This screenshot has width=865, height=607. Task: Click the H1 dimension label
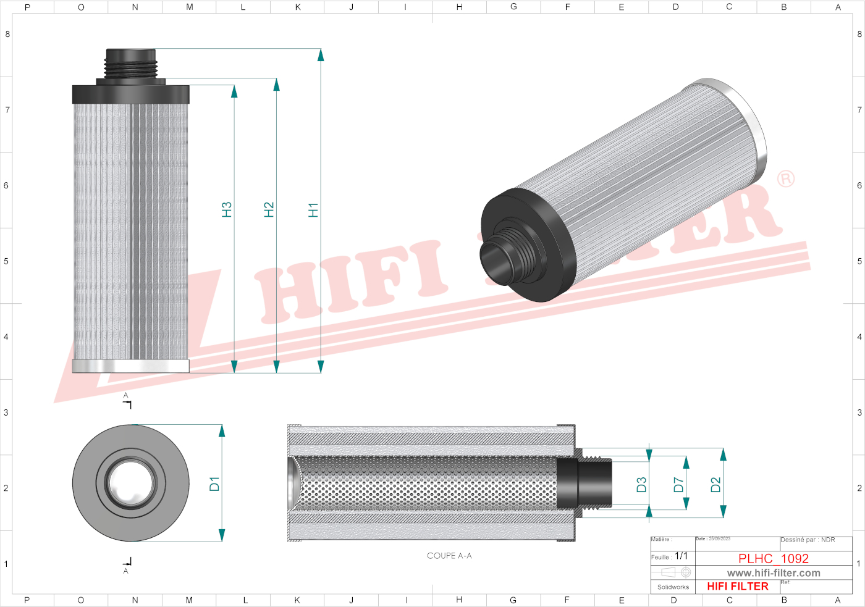click(x=313, y=210)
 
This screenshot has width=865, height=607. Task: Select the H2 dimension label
click(x=269, y=210)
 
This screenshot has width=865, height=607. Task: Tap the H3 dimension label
click(x=227, y=210)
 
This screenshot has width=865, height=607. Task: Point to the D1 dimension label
click(x=214, y=484)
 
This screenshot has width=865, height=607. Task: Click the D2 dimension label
click(x=715, y=485)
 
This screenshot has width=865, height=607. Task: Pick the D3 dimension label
click(x=641, y=485)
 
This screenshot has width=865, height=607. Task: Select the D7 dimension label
click(x=678, y=485)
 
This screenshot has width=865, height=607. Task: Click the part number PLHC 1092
click(x=773, y=558)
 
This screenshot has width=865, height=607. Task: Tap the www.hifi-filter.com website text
click(x=774, y=573)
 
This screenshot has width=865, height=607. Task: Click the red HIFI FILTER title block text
click(x=738, y=587)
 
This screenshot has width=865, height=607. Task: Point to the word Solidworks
click(x=673, y=587)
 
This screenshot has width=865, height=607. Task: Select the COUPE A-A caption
click(x=449, y=556)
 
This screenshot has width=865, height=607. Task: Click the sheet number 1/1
click(x=681, y=556)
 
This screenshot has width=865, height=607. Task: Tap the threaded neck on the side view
click(x=130, y=64)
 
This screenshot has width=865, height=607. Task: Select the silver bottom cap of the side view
click(x=130, y=367)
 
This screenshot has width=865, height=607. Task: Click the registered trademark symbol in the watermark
click(x=785, y=179)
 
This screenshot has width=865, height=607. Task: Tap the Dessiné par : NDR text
click(x=808, y=540)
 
